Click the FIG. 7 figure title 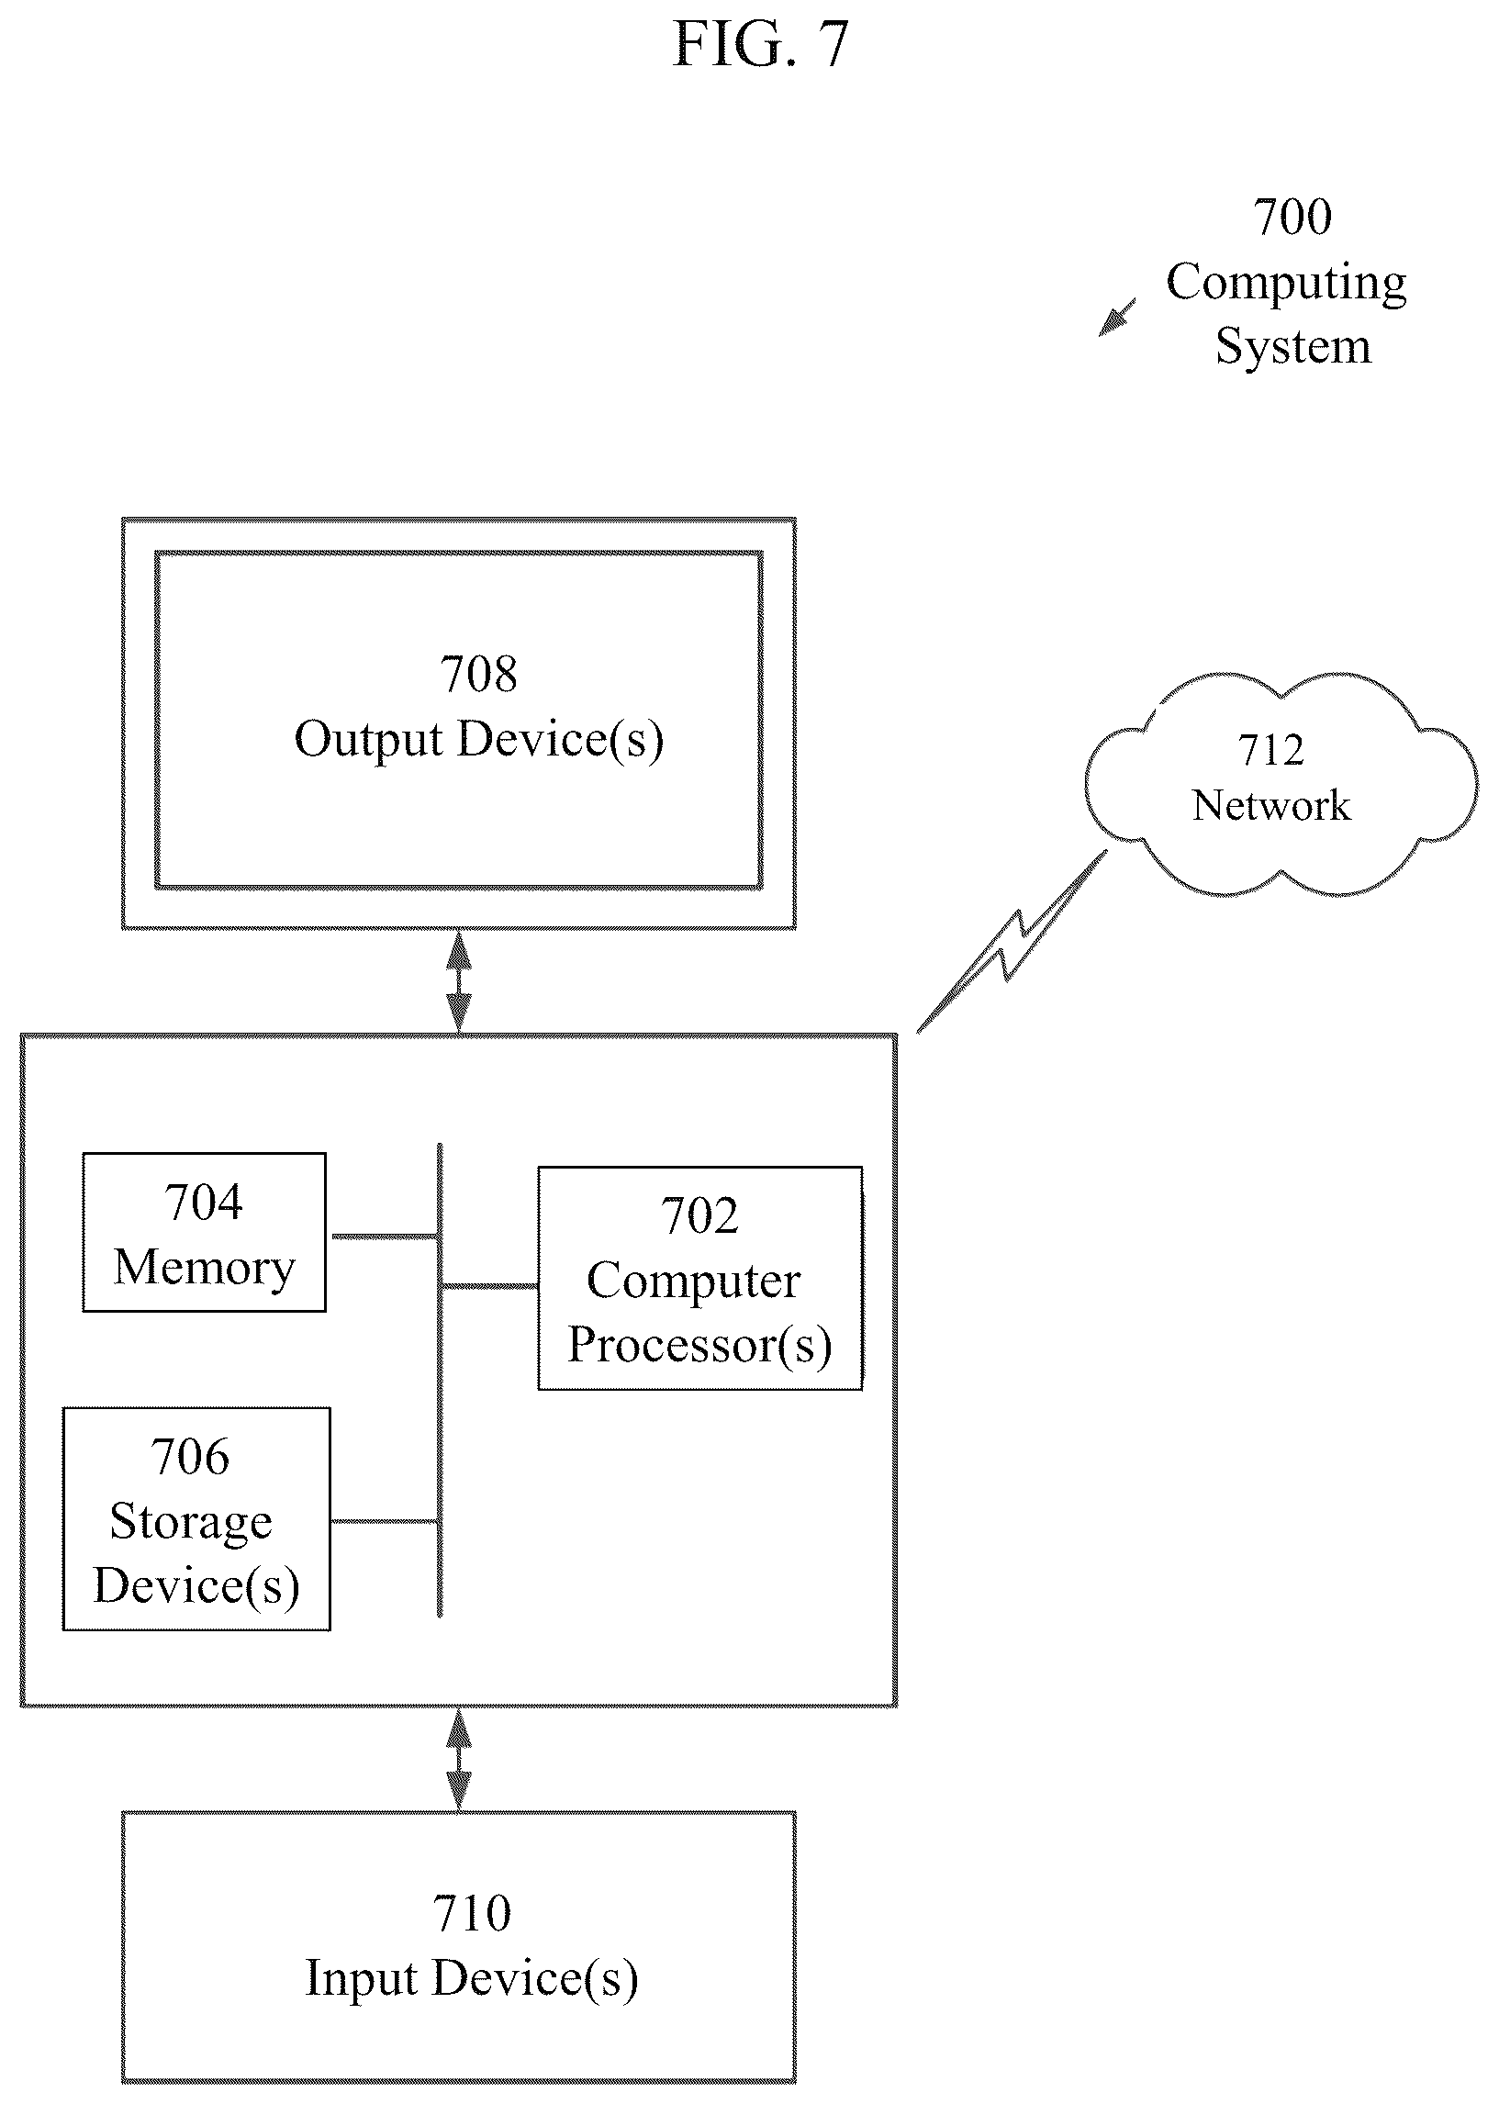pos(761,43)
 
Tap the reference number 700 pos(1292,218)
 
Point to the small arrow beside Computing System pos(1117,317)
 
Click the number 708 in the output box pos(478,675)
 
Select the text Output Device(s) pos(478,740)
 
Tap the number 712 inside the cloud pos(1271,750)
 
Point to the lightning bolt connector pos(1011,942)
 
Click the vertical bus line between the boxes pos(440,1381)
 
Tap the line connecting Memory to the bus pos(383,1237)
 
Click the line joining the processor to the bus pos(490,1285)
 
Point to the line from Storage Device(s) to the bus pos(383,1521)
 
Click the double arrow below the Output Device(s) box pos(459,982)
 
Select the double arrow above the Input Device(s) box pos(459,1759)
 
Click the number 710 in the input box pos(472,1914)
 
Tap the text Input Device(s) pos(472,1978)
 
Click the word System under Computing pos(1293,349)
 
